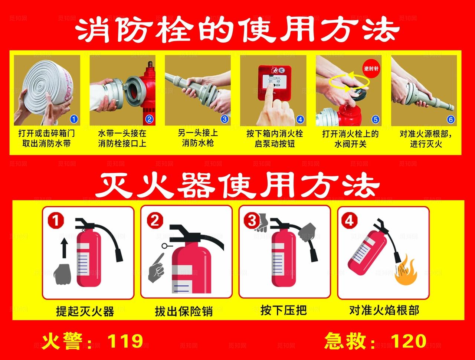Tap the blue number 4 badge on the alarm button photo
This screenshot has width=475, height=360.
300,119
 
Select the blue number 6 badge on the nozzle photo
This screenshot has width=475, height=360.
451,119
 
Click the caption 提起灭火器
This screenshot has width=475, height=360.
85,311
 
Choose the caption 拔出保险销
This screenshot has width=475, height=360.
184,311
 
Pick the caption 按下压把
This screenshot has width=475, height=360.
284,310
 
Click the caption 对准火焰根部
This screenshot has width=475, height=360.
384,310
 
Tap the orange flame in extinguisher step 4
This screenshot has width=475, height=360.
406,272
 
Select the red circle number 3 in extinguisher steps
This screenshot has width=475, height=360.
252,221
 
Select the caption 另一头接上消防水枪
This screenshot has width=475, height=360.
198,138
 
